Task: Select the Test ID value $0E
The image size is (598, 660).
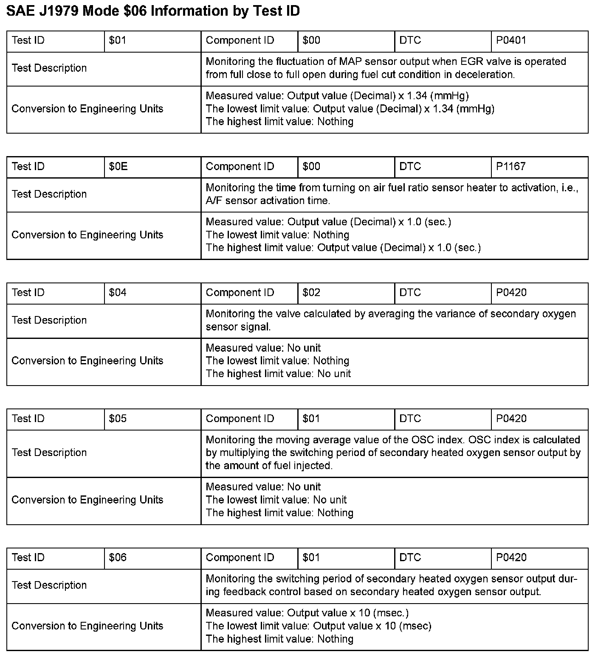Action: point(118,167)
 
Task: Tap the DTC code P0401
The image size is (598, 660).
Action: point(511,41)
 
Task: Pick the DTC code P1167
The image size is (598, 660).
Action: point(511,167)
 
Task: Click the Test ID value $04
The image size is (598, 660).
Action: point(118,293)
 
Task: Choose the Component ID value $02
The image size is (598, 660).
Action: point(311,293)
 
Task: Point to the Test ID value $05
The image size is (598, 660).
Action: point(118,419)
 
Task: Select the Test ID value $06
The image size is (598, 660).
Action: point(118,557)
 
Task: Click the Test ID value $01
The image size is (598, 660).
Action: point(117,41)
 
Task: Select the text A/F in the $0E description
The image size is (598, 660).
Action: point(214,201)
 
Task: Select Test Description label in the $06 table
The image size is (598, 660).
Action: point(49,585)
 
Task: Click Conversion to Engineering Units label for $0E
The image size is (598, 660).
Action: point(87,235)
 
